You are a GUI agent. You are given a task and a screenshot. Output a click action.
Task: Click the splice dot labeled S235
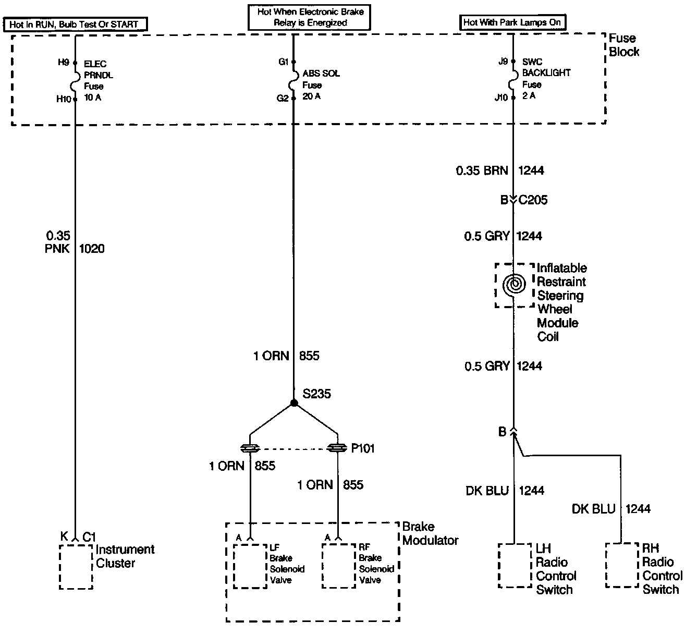[294, 403]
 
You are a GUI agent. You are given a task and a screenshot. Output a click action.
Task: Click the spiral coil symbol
[514, 285]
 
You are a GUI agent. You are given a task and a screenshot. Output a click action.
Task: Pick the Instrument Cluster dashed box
[76, 567]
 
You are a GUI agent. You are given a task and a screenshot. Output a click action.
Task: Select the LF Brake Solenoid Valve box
[250, 566]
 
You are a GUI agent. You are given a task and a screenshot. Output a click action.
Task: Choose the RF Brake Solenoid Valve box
[339, 566]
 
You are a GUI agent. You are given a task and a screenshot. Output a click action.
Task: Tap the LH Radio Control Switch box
[515, 566]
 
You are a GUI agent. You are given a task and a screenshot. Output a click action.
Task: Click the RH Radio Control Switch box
[622, 565]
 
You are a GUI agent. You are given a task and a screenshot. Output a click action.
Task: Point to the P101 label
[363, 448]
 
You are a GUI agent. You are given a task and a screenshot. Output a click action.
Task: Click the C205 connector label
[533, 200]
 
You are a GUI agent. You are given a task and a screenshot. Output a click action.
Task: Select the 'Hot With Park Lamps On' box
[513, 22]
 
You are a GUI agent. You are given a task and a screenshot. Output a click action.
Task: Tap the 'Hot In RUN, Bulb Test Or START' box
[75, 24]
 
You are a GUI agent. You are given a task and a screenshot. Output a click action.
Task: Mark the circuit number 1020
[92, 249]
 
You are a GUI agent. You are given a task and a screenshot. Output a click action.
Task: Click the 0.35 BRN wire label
[482, 170]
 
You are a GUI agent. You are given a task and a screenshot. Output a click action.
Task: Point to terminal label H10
[64, 99]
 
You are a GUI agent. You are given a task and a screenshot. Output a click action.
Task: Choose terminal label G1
[284, 62]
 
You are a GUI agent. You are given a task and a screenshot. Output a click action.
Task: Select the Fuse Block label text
[623, 45]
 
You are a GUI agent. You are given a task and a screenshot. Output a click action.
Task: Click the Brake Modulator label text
[430, 533]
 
